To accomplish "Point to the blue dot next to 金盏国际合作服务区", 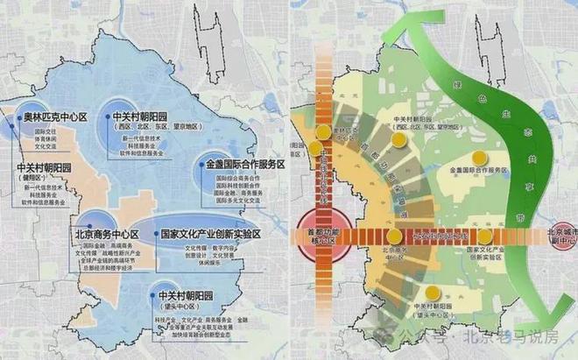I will click(202, 165).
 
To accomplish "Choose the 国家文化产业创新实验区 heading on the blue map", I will click(211, 235).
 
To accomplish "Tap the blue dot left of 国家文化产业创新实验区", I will click(154, 235).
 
